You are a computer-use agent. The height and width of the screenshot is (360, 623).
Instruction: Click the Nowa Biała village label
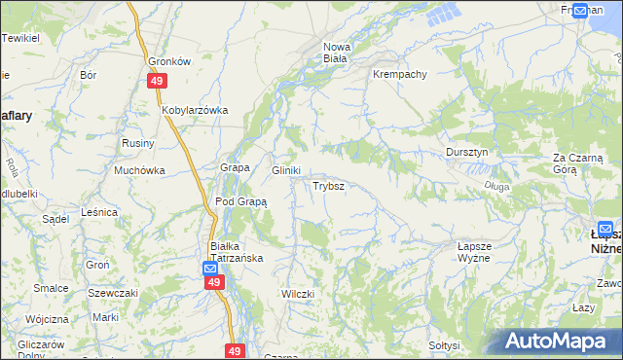tap(336, 53)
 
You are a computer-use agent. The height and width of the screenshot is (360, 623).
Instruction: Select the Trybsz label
tap(326, 185)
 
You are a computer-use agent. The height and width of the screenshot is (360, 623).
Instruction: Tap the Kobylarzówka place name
tap(195, 110)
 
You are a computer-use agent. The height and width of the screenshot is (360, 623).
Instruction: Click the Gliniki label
tap(285, 169)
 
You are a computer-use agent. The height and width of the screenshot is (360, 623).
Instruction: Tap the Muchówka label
tap(139, 169)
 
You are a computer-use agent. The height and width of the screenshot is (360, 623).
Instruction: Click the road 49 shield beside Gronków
tap(157, 83)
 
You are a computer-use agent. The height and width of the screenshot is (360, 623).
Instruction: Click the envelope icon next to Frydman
tap(580, 11)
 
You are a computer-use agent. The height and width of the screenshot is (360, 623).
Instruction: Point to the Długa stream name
tap(496, 185)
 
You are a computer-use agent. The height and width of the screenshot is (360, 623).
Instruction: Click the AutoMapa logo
tap(559, 342)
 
